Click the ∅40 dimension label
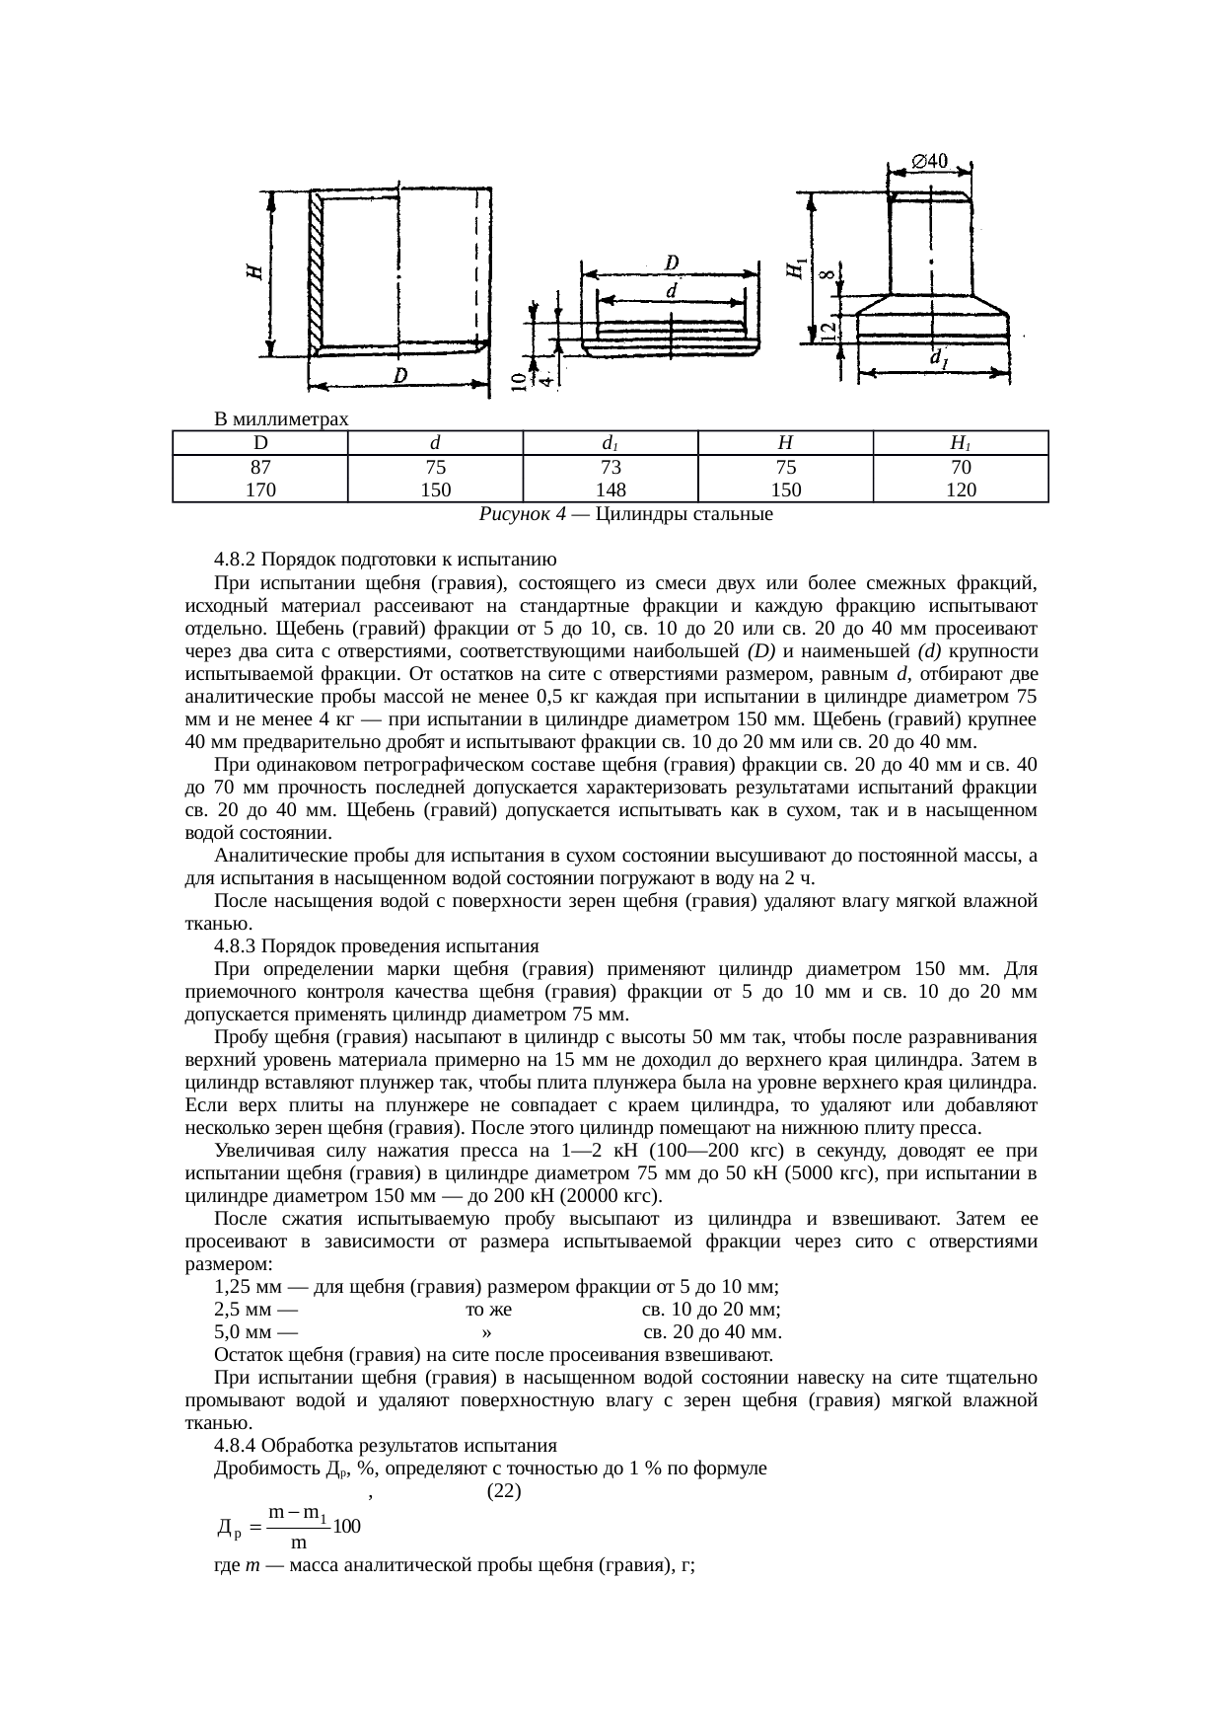coord(930,159)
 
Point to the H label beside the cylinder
coord(254,271)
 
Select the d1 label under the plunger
coord(939,359)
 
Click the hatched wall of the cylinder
coord(317,271)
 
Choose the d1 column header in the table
coord(611,443)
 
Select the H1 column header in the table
coord(960,443)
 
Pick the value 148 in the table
coord(611,489)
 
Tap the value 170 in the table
coord(260,489)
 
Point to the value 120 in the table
coord(960,489)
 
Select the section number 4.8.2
coord(237,560)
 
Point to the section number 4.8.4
coord(237,1446)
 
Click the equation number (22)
coord(504,1491)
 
